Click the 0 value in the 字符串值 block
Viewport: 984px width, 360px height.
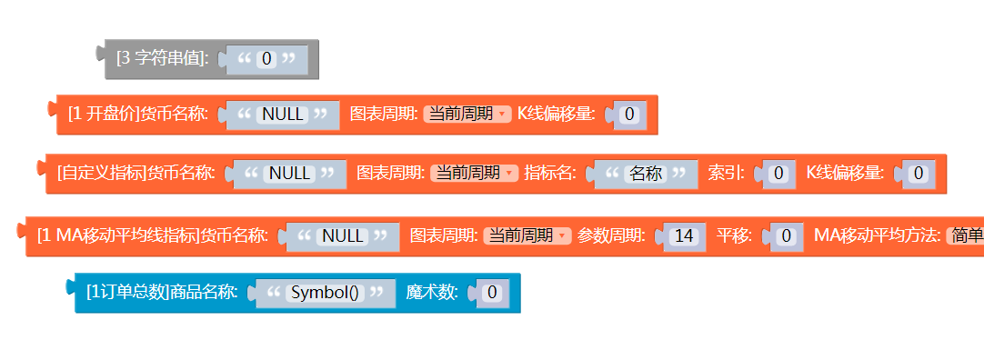(x=266, y=59)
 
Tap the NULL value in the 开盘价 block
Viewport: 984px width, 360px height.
(x=283, y=115)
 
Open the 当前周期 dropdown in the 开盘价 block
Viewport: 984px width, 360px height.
(x=467, y=114)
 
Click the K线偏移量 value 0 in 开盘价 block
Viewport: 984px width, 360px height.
(x=629, y=115)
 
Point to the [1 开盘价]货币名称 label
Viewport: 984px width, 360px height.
(x=138, y=115)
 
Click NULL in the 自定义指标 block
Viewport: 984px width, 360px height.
(x=290, y=173)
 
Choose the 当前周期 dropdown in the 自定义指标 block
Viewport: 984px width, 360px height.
(x=473, y=173)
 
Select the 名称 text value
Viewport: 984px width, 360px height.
(x=646, y=173)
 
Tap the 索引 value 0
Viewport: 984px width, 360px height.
(x=778, y=173)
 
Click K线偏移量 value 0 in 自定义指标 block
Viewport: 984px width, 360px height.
(x=919, y=173)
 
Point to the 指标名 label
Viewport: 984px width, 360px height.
(x=550, y=173)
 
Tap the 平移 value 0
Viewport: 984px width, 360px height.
(x=788, y=236)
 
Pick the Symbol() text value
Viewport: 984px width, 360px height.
(x=326, y=293)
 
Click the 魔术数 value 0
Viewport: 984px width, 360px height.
(x=491, y=293)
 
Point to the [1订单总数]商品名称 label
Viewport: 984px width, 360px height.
(x=162, y=293)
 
